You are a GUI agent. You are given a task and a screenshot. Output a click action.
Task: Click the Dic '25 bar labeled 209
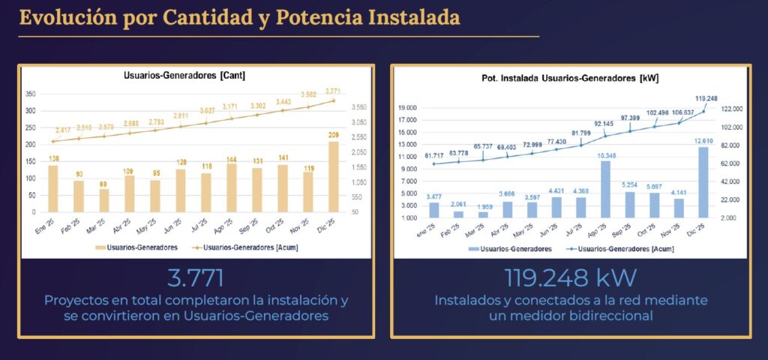pyautogui.click(x=334, y=177)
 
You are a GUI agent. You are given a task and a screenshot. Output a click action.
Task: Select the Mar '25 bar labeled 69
pyautogui.click(x=103, y=200)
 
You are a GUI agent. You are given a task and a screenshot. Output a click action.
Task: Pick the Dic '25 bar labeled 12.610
pyautogui.click(x=703, y=181)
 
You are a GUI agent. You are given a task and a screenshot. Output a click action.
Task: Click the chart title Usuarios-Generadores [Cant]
pyautogui.click(x=184, y=76)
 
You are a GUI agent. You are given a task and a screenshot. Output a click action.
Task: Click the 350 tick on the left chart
pyautogui.click(x=31, y=94)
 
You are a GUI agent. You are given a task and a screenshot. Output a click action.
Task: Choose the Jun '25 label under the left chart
pyautogui.click(x=176, y=225)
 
